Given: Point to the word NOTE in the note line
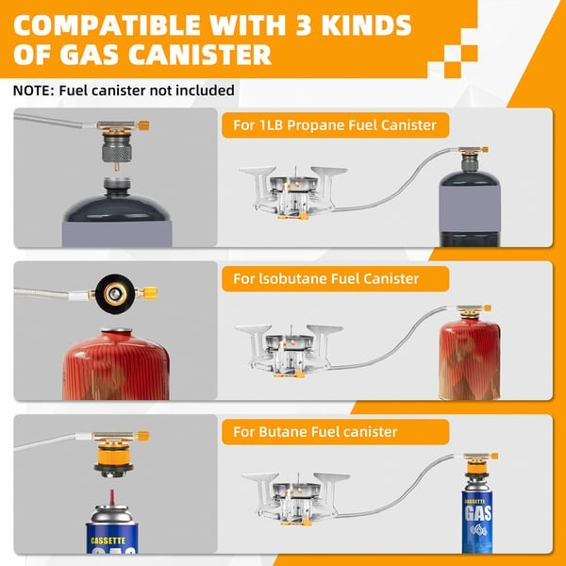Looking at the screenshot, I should pyautogui.click(x=34, y=91).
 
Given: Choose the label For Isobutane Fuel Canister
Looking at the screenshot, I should pyautogui.click(x=325, y=278).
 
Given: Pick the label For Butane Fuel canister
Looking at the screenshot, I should pyautogui.click(x=315, y=432).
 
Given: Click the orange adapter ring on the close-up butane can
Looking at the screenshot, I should pyautogui.click(x=113, y=462).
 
